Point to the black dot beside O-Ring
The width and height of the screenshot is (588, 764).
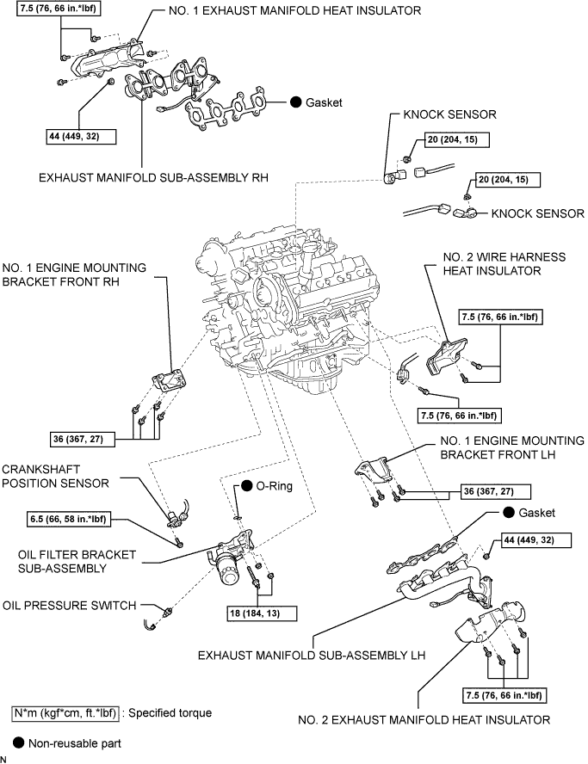pos(246,486)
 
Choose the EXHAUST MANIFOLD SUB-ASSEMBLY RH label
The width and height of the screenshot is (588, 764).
pos(154,178)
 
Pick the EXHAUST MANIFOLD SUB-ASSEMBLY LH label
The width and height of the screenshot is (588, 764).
pos(312,655)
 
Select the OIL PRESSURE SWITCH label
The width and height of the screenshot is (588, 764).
pos(69,606)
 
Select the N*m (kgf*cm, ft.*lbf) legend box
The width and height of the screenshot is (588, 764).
pos(65,713)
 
